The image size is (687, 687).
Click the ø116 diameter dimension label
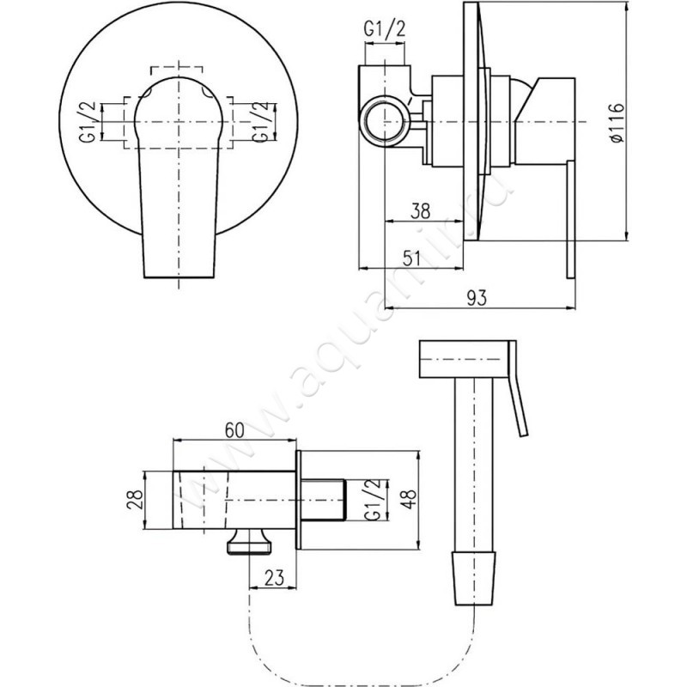(x=617, y=122)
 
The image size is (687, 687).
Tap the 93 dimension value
(x=477, y=298)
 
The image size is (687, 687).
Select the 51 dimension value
(x=411, y=258)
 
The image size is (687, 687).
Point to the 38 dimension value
(x=421, y=211)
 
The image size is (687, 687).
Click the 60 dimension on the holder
(x=234, y=430)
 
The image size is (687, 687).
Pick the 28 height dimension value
(x=135, y=500)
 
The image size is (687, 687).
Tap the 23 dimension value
(x=274, y=577)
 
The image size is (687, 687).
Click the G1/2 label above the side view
(x=385, y=29)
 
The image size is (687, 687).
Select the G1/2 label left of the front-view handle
(x=88, y=122)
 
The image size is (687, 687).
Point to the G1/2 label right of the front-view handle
(x=260, y=122)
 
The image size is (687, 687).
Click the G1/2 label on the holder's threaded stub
(x=371, y=500)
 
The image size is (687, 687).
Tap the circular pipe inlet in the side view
(x=385, y=121)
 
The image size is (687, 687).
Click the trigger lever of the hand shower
(x=519, y=389)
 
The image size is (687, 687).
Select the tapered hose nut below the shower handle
(x=475, y=578)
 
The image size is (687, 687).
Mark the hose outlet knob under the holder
(x=249, y=542)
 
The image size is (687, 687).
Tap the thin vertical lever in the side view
(x=571, y=219)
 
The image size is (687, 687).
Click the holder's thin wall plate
(x=298, y=500)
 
